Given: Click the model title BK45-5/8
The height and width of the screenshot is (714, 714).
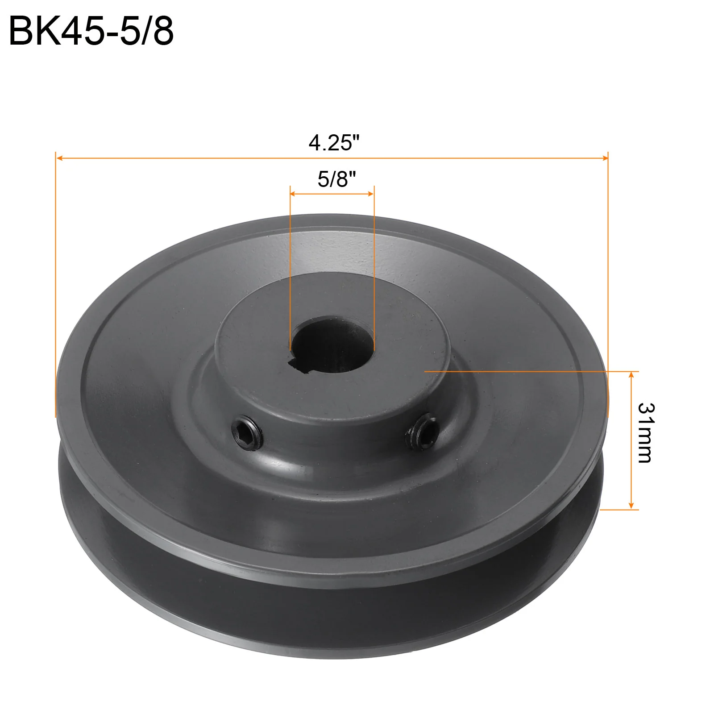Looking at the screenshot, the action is pyautogui.click(x=91, y=31).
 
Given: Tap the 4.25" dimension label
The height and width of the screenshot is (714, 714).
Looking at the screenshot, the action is pyautogui.click(x=334, y=143).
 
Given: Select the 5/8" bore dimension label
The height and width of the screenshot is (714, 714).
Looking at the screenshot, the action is pyautogui.click(x=337, y=179).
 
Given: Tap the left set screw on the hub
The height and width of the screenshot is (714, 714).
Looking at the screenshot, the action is pyautogui.click(x=247, y=432).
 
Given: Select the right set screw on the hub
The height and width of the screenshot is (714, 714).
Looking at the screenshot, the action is pyautogui.click(x=422, y=431).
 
